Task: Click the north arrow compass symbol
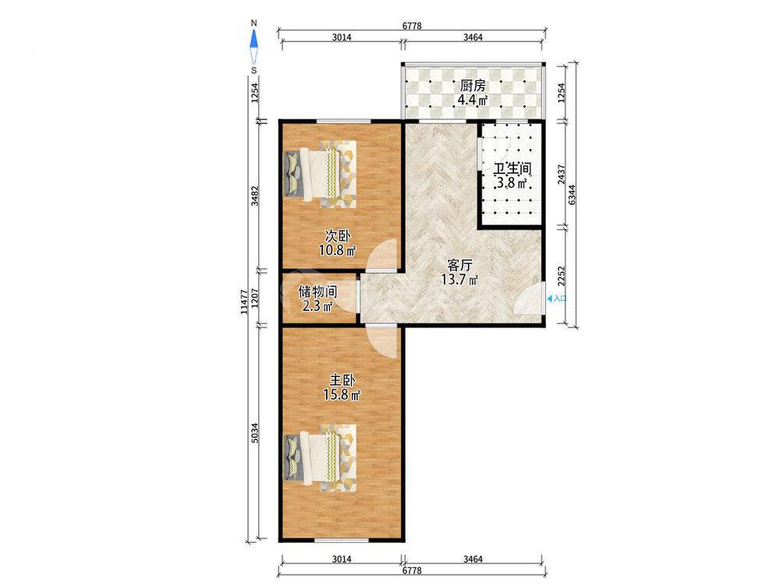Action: [x=254, y=45]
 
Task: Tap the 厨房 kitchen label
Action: [x=472, y=86]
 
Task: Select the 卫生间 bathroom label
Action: [x=512, y=168]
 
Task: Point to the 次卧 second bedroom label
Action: [x=337, y=235]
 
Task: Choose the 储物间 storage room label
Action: [x=318, y=291]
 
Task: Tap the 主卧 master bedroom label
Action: [x=342, y=381]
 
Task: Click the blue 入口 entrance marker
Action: [x=557, y=299]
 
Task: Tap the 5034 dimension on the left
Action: [x=254, y=433]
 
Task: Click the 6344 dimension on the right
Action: [x=573, y=194]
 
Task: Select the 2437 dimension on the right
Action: [x=561, y=174]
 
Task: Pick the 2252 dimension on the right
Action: [x=561, y=277]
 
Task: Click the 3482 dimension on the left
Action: [x=254, y=196]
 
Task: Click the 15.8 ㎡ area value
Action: [x=342, y=395]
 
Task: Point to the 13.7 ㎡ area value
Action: [x=459, y=279]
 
